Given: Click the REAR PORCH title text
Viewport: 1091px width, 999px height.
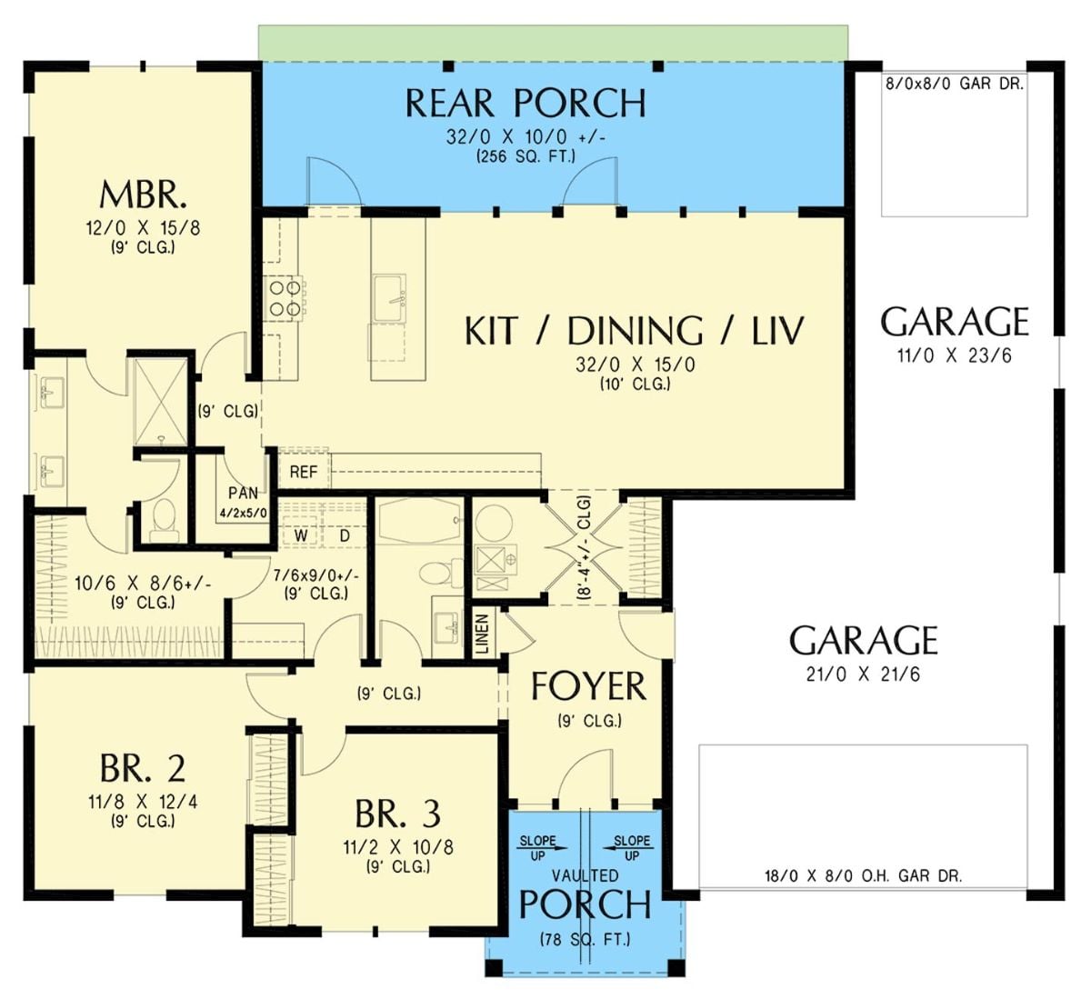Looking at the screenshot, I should click(x=525, y=103).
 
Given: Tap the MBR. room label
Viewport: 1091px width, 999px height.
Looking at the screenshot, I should click(x=143, y=195).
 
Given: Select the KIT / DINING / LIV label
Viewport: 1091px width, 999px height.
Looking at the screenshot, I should click(x=634, y=331).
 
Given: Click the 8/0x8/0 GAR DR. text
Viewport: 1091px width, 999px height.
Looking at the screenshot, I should click(x=954, y=85).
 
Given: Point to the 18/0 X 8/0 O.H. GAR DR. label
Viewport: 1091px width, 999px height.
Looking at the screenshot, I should click(x=862, y=876).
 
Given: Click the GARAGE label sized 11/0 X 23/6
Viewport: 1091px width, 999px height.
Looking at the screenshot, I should click(x=955, y=323).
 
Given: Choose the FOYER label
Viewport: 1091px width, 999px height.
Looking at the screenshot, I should click(x=588, y=686).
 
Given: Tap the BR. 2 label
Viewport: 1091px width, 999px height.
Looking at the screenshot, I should click(x=143, y=769).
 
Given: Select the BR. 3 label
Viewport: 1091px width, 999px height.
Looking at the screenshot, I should click(x=397, y=812).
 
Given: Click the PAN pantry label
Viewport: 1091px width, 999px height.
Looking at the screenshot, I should click(x=243, y=494).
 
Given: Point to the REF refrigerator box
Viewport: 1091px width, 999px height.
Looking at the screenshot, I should click(x=303, y=472).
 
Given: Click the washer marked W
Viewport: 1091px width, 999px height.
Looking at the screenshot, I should click(x=299, y=535).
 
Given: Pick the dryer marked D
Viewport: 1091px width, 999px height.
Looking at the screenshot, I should click(x=345, y=535).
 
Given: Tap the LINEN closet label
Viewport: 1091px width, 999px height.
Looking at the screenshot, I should click(x=482, y=633).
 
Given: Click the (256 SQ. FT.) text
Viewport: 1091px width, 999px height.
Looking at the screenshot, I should click(x=525, y=156).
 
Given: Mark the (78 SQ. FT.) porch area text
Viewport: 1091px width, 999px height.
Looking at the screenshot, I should click(x=585, y=939).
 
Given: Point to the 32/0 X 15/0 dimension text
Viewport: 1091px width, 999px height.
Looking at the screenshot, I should click(x=635, y=365).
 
